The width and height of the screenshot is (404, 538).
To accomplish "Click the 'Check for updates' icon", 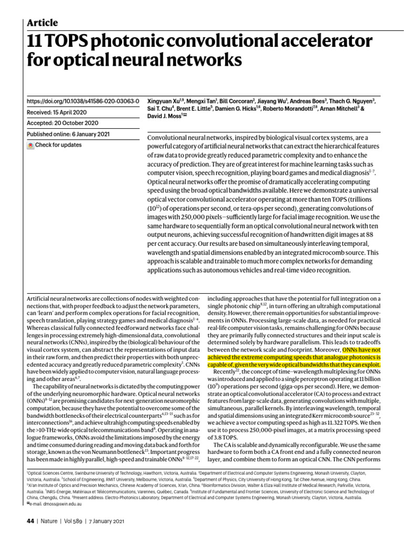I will pos(31,145).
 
